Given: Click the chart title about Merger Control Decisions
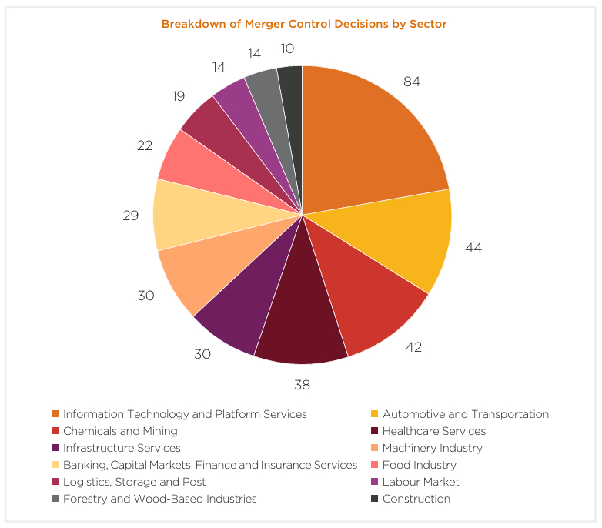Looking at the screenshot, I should point(303,24).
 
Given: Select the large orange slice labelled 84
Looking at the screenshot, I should point(370,139).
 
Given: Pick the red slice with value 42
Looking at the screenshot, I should point(370,300).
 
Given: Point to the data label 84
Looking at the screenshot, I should point(411,82).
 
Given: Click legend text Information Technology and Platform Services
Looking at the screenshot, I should point(185,414).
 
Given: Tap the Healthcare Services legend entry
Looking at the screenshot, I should point(434,431).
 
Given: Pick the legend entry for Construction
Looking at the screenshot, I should point(416,499).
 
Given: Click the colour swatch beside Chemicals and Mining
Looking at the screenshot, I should point(55,431).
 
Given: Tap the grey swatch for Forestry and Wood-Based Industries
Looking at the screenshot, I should point(55,499).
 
